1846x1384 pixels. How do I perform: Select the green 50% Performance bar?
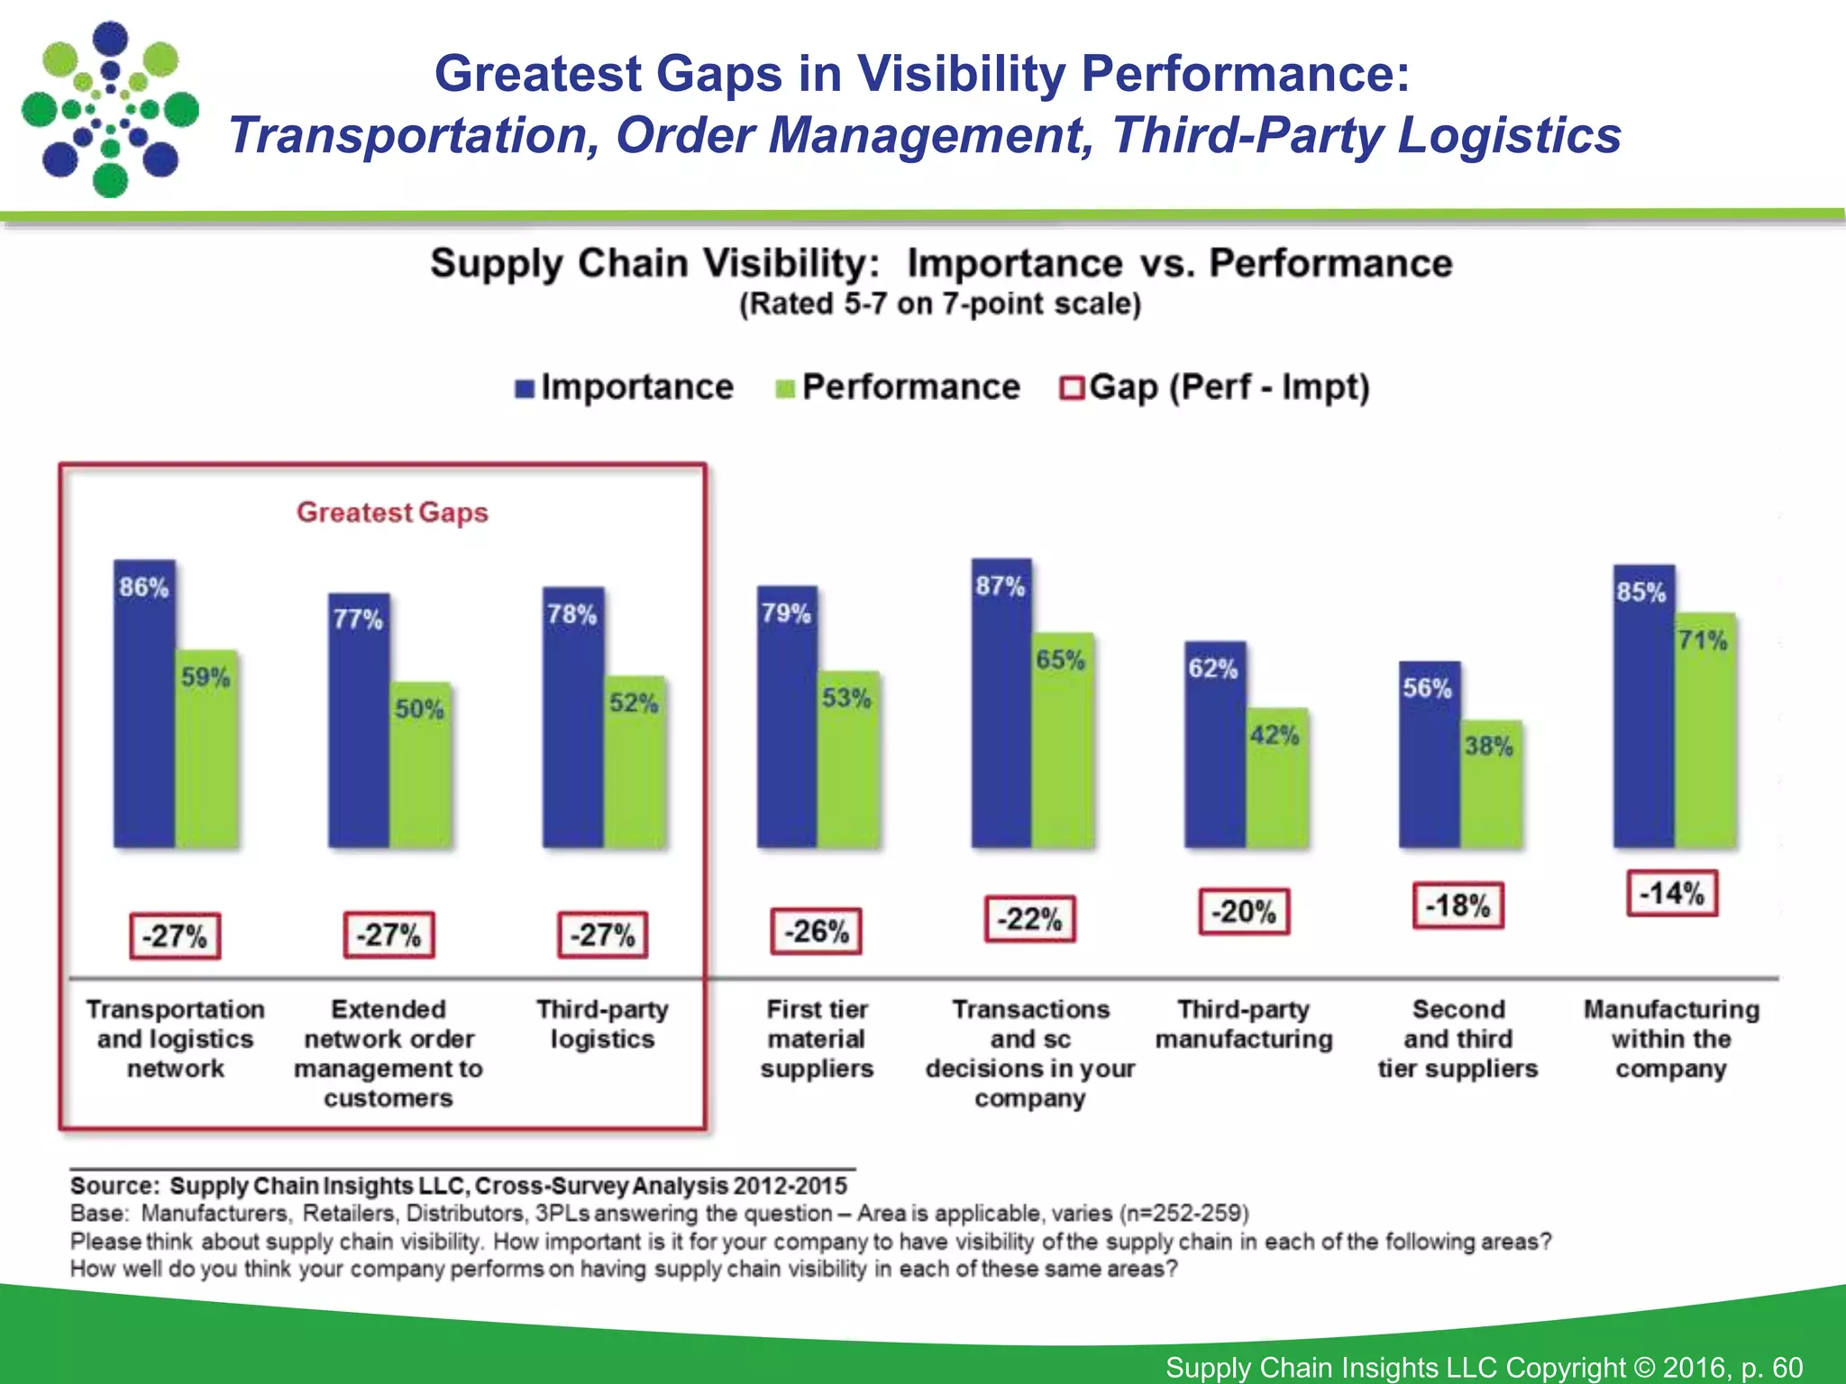420,766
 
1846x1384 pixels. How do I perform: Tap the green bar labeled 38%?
1490,784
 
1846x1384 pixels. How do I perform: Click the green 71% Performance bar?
1704,730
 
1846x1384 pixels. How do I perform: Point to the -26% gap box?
816,931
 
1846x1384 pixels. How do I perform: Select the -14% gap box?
1672,893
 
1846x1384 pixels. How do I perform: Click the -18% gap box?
1458,906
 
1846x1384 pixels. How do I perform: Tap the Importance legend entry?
624,387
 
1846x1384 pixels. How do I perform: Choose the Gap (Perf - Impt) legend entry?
1215,387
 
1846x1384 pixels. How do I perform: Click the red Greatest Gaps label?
392,513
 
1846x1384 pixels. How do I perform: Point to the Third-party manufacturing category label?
1244,1024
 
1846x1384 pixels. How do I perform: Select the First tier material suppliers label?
817,1039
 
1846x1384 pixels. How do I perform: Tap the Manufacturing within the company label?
1671,1039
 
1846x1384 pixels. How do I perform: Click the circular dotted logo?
110,110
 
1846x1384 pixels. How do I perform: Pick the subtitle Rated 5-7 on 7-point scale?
940,305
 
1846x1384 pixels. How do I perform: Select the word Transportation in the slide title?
413,136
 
